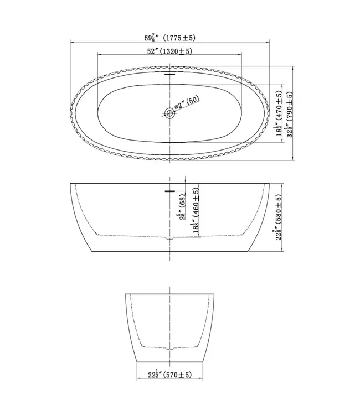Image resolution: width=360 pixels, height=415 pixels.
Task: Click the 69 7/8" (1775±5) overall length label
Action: pyautogui.click(x=169, y=38)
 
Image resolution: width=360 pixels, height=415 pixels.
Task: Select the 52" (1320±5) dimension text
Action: pyautogui.click(x=169, y=51)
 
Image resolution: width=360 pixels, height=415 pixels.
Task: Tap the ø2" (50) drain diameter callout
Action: pyautogui.click(x=187, y=102)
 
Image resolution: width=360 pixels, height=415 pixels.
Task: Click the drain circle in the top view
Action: pyautogui.click(x=169, y=113)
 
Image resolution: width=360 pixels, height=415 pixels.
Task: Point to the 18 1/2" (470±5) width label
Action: pyautogui.click(x=279, y=113)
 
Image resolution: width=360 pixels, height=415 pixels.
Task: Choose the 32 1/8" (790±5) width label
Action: pyautogui.click(x=289, y=115)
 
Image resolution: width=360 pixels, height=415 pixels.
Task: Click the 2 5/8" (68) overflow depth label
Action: pyautogui.click(x=182, y=207)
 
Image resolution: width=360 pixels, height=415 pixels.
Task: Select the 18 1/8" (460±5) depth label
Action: pyautogui.click(x=196, y=210)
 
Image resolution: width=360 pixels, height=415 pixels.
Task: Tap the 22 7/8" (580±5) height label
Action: pyautogui.click(x=278, y=217)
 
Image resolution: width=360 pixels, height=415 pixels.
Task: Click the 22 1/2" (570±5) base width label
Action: pyautogui.click(x=169, y=375)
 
